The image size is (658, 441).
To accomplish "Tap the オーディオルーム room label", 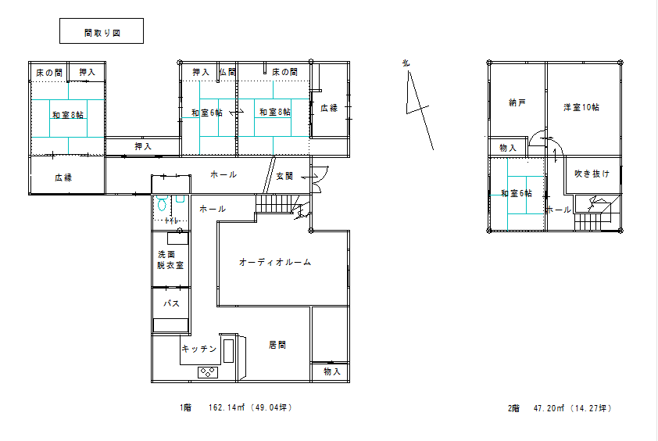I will pyautogui.click(x=274, y=263).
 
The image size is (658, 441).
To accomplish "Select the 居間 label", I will pyautogui.click(x=277, y=344).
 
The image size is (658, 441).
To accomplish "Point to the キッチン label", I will pyautogui.click(x=198, y=349).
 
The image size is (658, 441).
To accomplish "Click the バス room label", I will pyautogui.click(x=171, y=303).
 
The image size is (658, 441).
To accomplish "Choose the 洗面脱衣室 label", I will pyautogui.click(x=170, y=260).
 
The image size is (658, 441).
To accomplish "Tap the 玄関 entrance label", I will pyautogui.click(x=284, y=177).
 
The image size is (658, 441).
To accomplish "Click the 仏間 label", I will pyautogui.click(x=227, y=72).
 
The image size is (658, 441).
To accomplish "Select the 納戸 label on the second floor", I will pyautogui.click(x=517, y=102).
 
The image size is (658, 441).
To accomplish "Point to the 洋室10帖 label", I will pyautogui.click(x=581, y=106).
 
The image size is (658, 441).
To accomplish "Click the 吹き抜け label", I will pyautogui.click(x=592, y=174).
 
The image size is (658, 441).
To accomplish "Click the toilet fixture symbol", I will pyautogui.click(x=162, y=204).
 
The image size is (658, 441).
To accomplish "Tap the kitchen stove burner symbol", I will pyautogui.click(x=209, y=372).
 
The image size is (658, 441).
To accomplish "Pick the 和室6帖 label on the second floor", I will pyautogui.click(x=517, y=193).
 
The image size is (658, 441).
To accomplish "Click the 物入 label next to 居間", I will pyautogui.click(x=331, y=372).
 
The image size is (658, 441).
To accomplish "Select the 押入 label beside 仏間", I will pyautogui.click(x=201, y=72).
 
